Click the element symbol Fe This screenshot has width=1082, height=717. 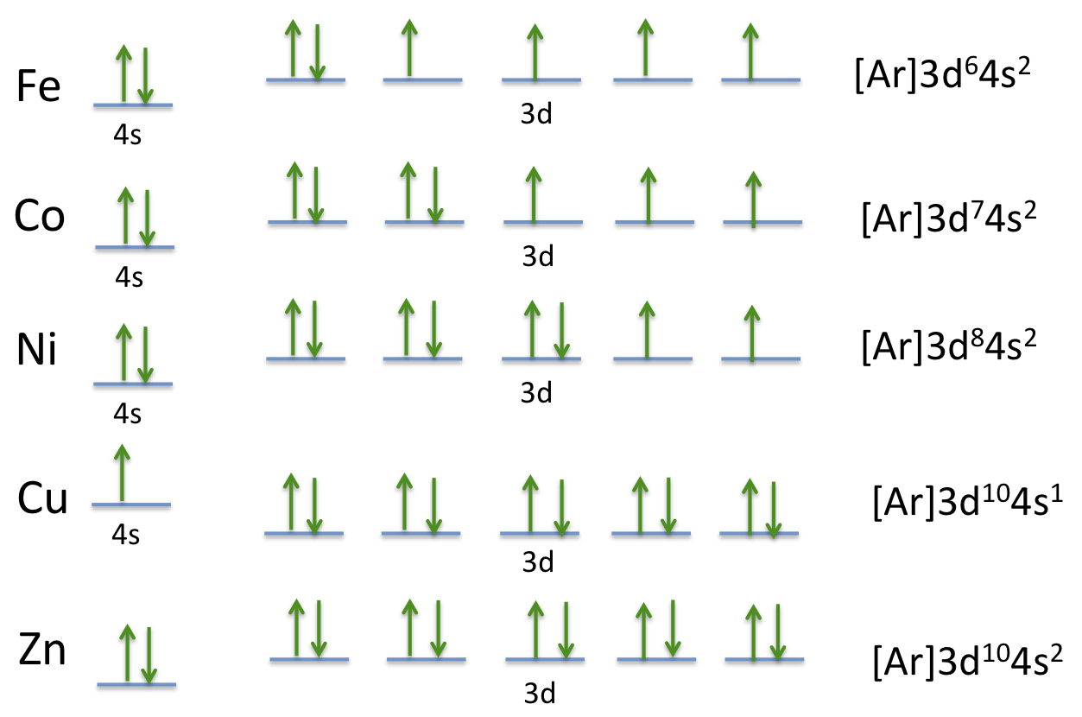(x=39, y=86)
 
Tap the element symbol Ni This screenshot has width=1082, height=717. (x=37, y=348)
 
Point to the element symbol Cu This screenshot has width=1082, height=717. (x=42, y=498)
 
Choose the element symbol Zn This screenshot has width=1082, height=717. (x=42, y=650)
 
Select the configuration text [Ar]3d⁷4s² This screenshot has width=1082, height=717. (x=949, y=219)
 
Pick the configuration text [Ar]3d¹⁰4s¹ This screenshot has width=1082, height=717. (x=968, y=502)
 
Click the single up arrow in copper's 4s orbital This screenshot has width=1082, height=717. (x=123, y=473)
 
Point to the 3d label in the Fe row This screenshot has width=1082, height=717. (x=536, y=114)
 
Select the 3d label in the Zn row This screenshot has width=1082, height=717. (x=540, y=693)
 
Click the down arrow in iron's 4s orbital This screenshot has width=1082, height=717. (x=145, y=76)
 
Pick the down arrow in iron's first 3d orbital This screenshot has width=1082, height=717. (x=318, y=52)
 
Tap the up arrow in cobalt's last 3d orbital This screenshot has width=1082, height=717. (x=754, y=199)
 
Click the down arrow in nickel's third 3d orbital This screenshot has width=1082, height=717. (x=562, y=331)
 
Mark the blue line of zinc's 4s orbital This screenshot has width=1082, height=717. (x=136, y=684)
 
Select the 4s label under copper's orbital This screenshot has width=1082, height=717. (x=125, y=535)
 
